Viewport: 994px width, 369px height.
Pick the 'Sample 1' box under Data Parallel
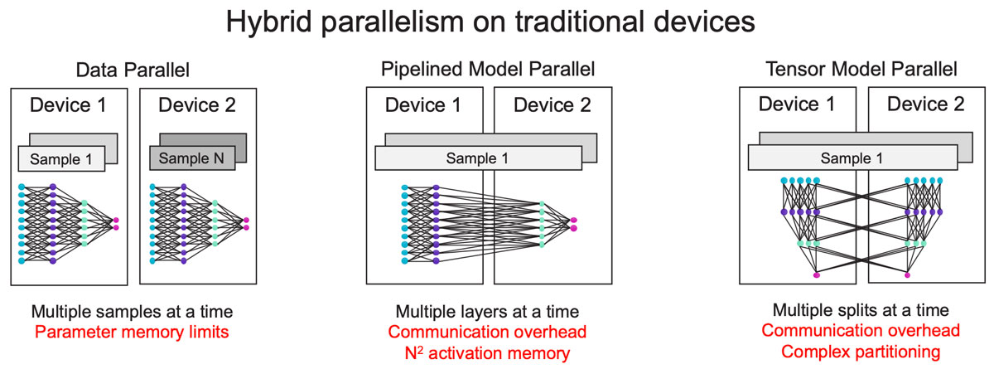61,158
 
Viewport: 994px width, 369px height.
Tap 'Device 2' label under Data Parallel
196,105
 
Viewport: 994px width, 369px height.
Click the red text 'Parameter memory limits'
132,333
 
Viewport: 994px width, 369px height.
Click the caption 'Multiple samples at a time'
132,313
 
